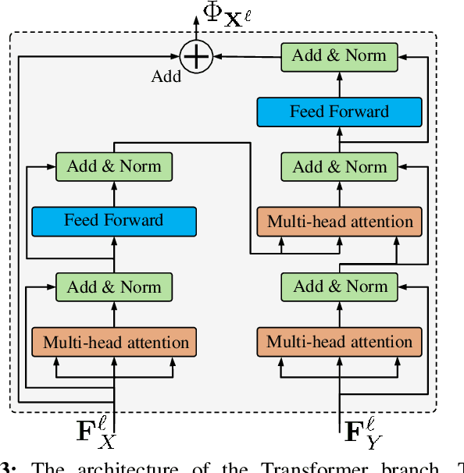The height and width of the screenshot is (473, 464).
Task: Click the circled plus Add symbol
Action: (x=195, y=56)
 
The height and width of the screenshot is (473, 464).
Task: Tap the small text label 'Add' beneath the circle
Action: (x=166, y=76)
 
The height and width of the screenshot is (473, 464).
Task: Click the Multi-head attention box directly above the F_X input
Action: (x=114, y=342)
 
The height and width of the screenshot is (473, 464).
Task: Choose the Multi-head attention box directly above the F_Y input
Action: (x=339, y=342)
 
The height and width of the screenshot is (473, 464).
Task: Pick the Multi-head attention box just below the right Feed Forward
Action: (x=339, y=222)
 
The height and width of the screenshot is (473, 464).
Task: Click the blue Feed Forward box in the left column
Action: (x=114, y=222)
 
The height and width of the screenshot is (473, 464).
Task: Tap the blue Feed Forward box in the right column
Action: (x=339, y=112)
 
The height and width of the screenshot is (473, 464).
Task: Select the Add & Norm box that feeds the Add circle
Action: (x=339, y=55)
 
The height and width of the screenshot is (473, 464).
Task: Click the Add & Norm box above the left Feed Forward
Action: (x=114, y=166)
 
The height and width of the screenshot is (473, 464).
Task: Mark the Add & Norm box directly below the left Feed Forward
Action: (x=114, y=286)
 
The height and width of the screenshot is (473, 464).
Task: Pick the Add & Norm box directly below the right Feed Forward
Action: (x=339, y=166)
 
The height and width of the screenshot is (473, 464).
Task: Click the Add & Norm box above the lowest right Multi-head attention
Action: (x=339, y=286)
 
